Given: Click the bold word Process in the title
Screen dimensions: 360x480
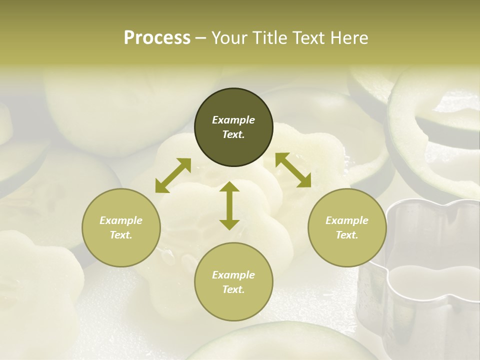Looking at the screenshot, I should [157, 38].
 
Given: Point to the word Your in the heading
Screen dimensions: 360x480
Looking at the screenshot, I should [227, 38].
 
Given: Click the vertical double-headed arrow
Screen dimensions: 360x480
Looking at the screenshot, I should [229, 205].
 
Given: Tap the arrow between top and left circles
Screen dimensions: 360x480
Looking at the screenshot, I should [173, 175].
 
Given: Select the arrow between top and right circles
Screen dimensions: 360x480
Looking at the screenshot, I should [293, 170].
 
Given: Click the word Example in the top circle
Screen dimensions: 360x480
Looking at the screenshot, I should [233, 120].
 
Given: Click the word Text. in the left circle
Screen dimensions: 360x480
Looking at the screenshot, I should [121, 235].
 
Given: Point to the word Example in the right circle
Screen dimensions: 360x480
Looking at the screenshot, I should [347, 220].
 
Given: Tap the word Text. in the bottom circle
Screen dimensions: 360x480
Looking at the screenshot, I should [233, 289].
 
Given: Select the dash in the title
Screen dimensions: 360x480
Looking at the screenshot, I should [200, 38].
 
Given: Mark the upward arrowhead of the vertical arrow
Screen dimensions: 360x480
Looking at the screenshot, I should [229, 187].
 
